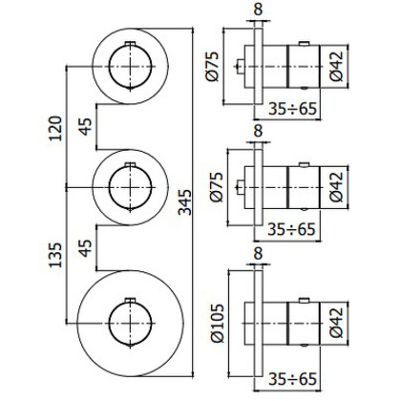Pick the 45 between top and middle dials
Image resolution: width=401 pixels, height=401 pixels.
(86, 127)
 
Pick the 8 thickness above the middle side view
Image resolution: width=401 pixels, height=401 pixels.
(258, 131)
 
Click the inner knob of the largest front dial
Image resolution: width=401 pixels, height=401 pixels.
(128, 320)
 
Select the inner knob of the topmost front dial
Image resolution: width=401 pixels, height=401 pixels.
(128, 67)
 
